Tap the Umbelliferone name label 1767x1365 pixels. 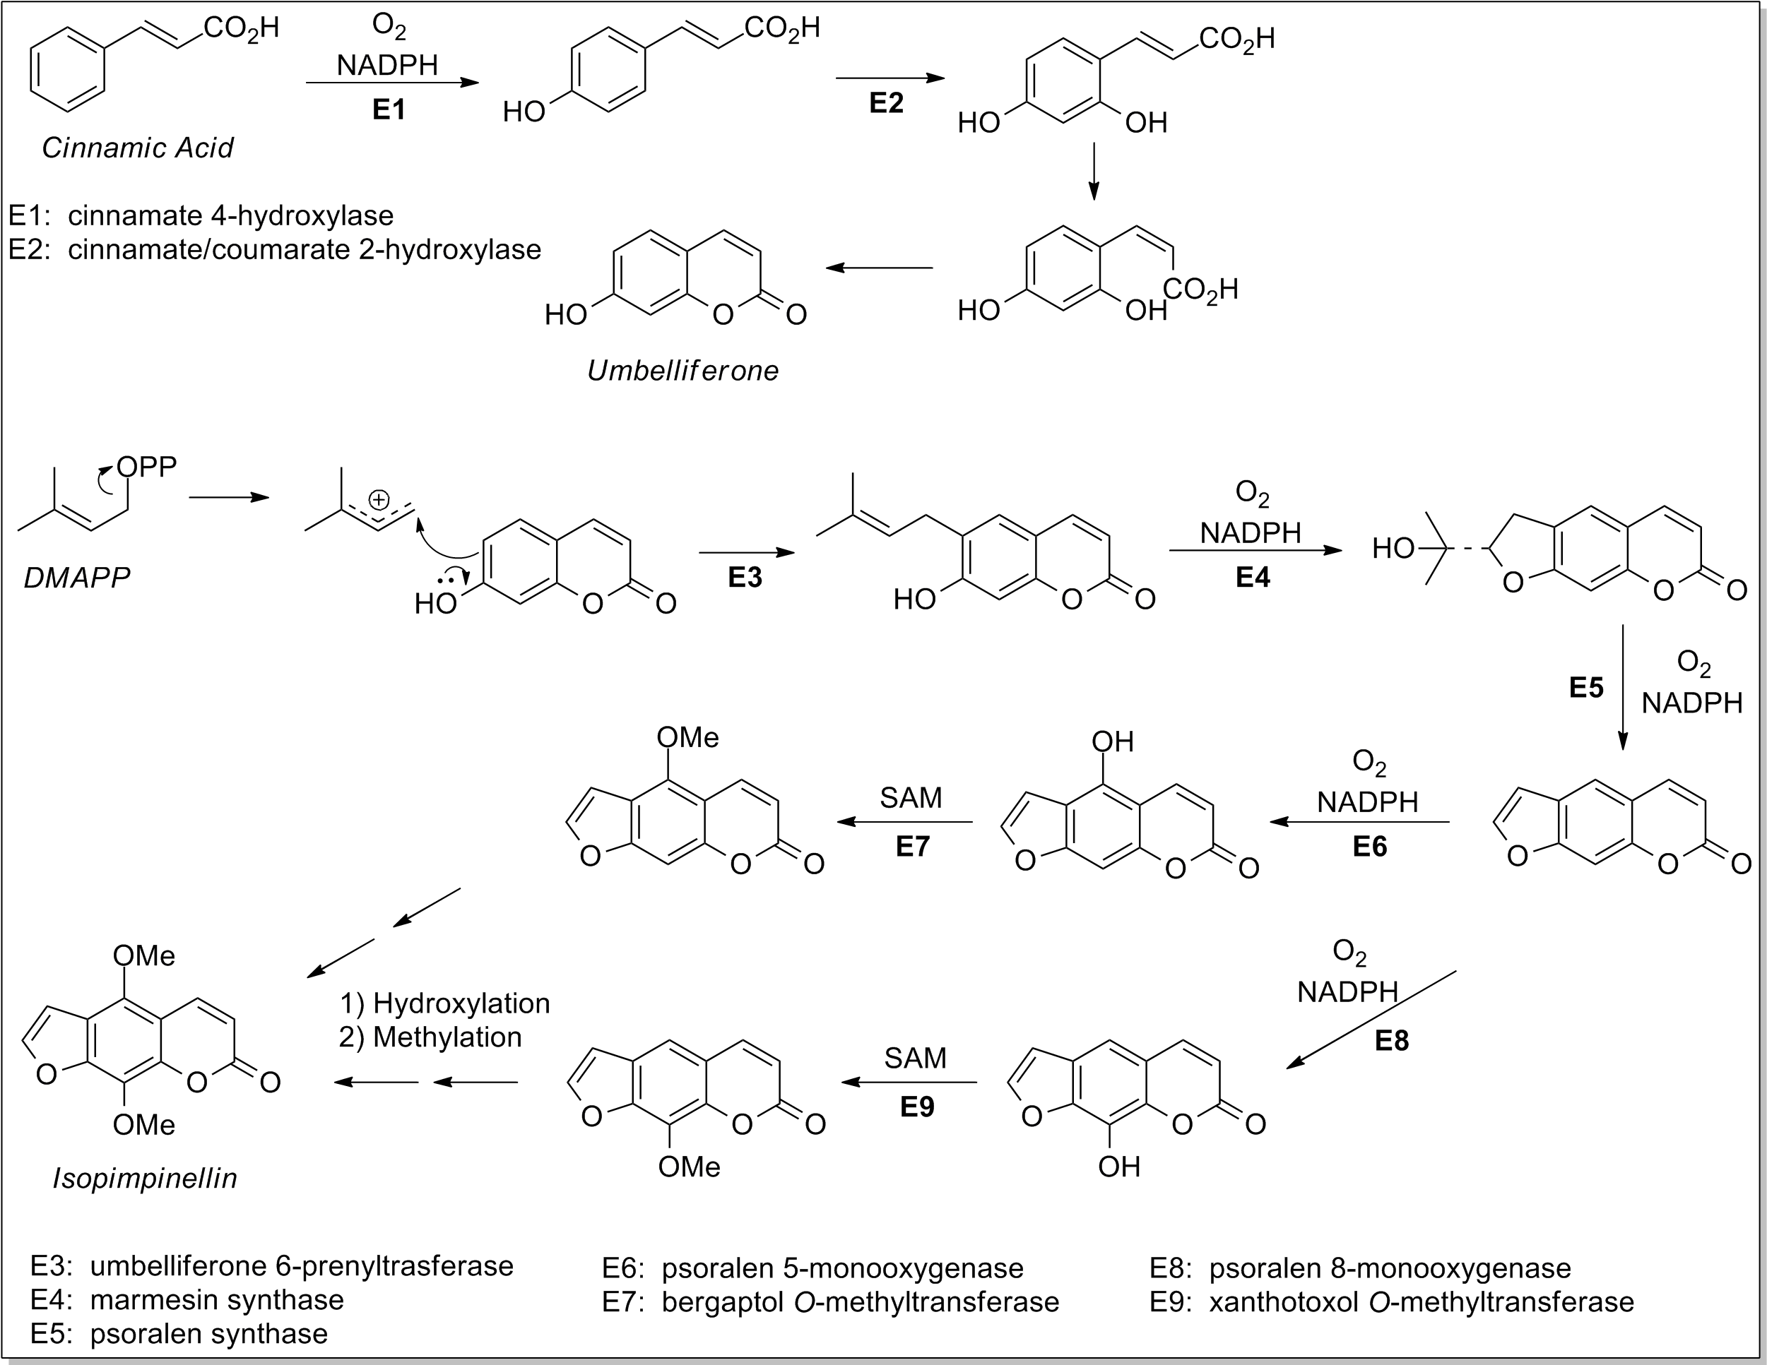pos(683,370)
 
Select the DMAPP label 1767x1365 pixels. pos(77,578)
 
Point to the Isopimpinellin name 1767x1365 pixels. pos(145,1178)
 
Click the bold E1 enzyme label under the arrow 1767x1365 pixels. pos(389,109)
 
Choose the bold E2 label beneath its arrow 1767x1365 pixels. pos(886,102)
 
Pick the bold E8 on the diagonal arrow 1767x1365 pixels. pos(1392,1040)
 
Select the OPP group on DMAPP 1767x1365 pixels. pos(146,467)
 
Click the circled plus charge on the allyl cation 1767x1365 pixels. pos(379,500)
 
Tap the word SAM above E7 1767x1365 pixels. pos(911,797)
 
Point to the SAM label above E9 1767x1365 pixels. pos(915,1058)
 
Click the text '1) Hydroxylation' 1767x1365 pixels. pos(445,1003)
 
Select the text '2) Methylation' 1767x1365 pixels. pos(430,1037)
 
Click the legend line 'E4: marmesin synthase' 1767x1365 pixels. pos(187,1299)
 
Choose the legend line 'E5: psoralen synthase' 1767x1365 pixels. pos(179,1333)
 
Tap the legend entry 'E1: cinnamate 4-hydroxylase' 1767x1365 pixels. pos(201,215)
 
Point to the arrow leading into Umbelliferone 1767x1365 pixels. pos(880,268)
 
